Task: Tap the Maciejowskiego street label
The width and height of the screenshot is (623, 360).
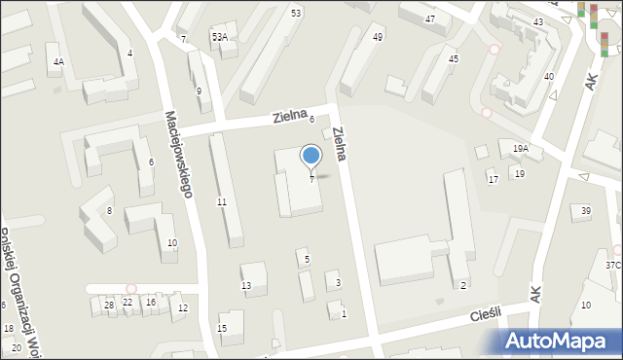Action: [178, 154]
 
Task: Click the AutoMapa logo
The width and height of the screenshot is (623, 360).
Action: [559, 341]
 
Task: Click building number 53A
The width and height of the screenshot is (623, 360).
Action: [219, 37]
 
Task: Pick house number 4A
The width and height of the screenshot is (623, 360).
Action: [58, 62]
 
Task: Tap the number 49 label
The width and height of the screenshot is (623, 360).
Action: [377, 37]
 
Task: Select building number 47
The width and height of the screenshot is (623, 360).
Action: [430, 19]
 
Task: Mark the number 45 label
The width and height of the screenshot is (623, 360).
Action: [453, 59]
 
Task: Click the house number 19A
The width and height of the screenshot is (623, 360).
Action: [521, 149]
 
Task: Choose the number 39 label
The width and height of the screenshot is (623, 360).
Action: [585, 211]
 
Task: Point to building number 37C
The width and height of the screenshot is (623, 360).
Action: [612, 265]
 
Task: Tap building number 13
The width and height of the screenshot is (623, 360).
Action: [246, 285]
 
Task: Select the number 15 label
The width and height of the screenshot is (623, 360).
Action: [222, 329]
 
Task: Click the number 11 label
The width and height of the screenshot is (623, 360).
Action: [222, 201]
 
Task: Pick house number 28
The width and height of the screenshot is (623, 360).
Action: [109, 304]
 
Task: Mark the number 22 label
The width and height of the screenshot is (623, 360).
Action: [128, 303]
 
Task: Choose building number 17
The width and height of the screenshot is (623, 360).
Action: [493, 180]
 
